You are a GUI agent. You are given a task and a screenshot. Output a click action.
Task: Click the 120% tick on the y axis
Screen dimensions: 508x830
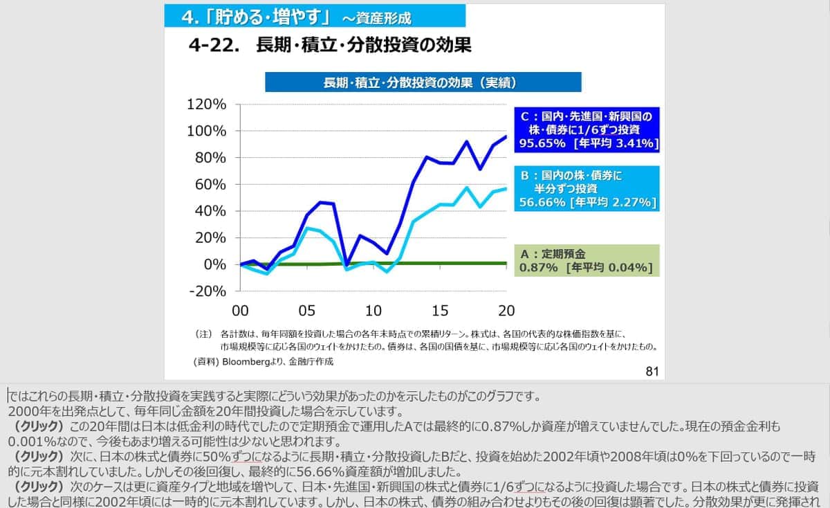point(207,105)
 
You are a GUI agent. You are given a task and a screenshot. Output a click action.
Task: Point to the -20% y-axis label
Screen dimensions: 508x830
point(207,291)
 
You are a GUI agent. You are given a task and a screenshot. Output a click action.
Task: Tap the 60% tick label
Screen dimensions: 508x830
point(210,184)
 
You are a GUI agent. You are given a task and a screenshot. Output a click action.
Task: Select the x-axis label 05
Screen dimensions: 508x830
point(306,309)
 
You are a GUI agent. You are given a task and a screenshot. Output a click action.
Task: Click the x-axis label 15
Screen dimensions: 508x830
point(440,309)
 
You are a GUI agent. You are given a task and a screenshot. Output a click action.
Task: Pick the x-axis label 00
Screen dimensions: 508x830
point(240,309)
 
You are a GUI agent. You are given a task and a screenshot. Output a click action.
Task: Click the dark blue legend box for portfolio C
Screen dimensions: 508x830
point(587,129)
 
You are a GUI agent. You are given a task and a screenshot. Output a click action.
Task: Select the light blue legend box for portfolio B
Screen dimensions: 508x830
point(587,188)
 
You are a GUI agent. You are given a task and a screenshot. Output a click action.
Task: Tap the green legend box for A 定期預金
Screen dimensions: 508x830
point(587,260)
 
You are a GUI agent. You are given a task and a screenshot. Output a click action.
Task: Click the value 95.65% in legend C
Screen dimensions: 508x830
point(543,143)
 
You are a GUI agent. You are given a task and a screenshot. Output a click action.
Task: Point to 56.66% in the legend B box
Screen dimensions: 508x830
point(542,202)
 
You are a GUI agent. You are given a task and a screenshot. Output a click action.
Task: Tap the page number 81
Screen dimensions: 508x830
point(651,372)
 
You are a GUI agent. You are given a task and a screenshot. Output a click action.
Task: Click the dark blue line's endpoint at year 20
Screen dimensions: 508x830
point(506,136)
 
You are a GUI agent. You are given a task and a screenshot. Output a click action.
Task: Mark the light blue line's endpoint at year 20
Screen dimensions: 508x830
point(506,188)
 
